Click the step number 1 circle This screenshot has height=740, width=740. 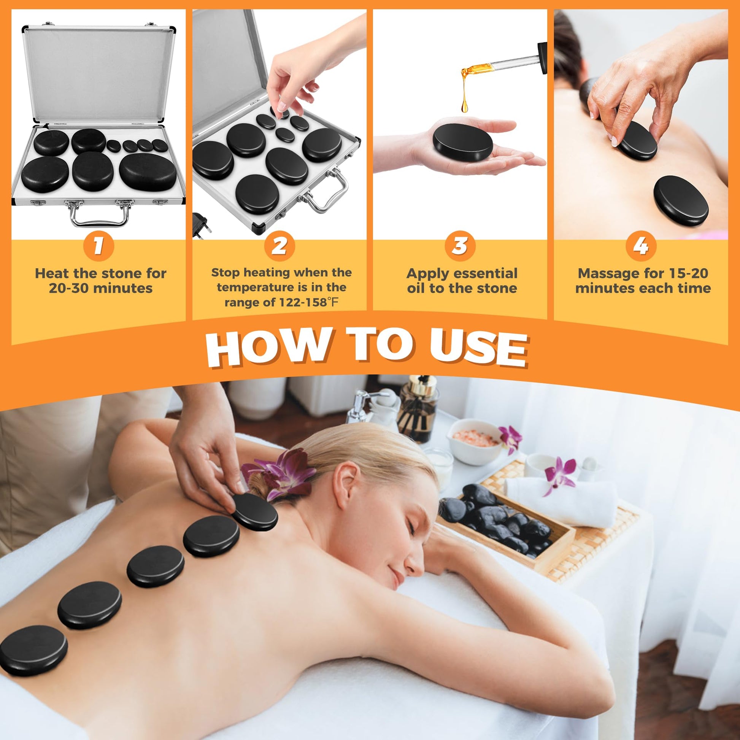(x=98, y=246)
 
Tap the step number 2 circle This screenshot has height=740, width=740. (x=279, y=246)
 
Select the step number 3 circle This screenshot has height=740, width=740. (x=460, y=246)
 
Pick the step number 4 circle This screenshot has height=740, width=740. (x=641, y=246)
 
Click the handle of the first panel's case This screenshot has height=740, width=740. (x=99, y=214)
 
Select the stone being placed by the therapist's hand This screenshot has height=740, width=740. (x=255, y=512)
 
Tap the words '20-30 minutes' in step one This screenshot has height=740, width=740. (x=101, y=288)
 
